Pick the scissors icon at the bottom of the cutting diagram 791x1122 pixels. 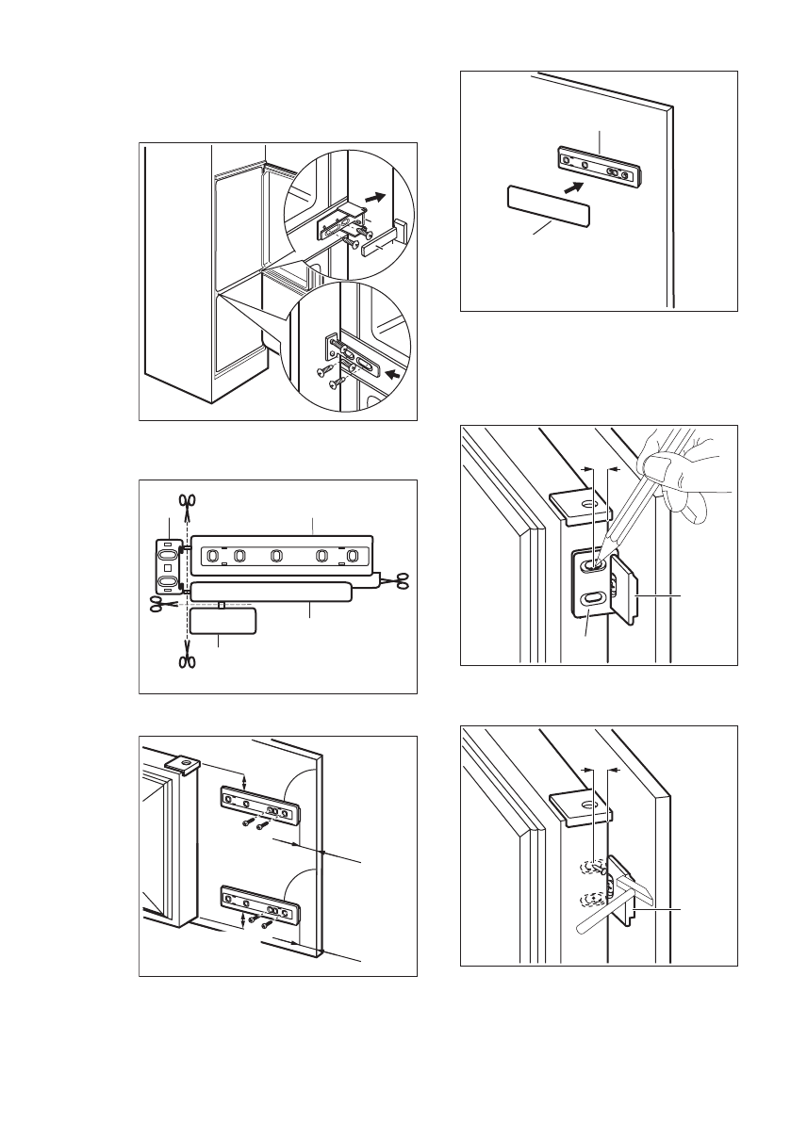[x=187, y=661]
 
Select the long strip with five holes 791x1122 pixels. [x=281, y=554]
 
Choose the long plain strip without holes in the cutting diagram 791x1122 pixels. [x=271, y=593]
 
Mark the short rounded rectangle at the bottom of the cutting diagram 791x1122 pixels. [x=222, y=621]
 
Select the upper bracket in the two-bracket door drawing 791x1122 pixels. [x=260, y=803]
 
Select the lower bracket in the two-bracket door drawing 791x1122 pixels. [x=260, y=904]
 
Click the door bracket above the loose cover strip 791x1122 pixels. [x=597, y=165]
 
